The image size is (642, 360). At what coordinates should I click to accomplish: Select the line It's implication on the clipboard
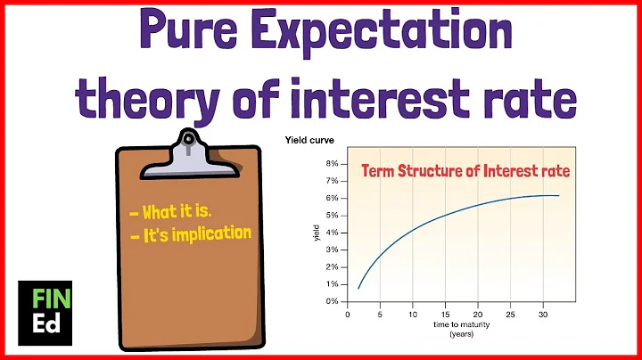point(190,235)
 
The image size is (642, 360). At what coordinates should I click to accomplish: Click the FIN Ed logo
point(41,311)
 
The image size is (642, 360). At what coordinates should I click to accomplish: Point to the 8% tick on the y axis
point(331,165)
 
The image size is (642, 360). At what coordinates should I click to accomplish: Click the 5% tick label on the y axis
point(331,216)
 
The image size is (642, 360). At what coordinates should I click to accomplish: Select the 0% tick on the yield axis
point(331,301)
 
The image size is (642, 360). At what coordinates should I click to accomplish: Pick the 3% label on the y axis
point(331,250)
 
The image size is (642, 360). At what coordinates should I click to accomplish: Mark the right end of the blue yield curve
point(558,195)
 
